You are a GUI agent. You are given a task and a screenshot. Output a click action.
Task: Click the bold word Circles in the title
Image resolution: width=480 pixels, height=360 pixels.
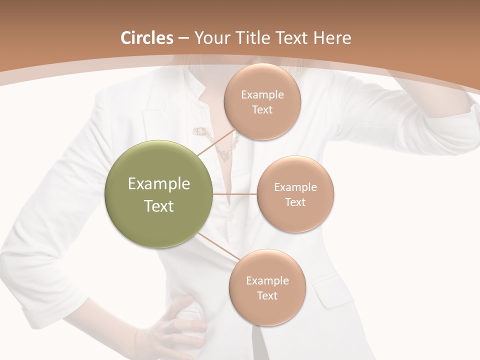(x=146, y=38)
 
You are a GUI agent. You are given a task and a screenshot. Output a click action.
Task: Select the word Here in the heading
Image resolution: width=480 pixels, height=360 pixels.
(x=332, y=38)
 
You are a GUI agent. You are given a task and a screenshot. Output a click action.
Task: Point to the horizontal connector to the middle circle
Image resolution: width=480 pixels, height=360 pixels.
(x=234, y=194)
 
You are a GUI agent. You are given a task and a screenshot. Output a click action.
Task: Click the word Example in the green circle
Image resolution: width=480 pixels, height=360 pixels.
(x=159, y=184)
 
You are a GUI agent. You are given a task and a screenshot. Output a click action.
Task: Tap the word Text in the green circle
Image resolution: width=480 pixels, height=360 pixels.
(x=159, y=206)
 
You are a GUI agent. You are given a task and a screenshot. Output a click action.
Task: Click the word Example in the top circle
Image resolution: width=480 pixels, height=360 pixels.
(x=262, y=95)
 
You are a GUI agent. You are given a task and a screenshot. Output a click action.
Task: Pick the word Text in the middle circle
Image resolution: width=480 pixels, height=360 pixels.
(x=295, y=202)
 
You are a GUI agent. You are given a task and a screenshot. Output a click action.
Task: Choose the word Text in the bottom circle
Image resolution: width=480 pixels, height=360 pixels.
(x=267, y=295)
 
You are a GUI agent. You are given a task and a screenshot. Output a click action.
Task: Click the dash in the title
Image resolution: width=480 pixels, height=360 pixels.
(x=183, y=38)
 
